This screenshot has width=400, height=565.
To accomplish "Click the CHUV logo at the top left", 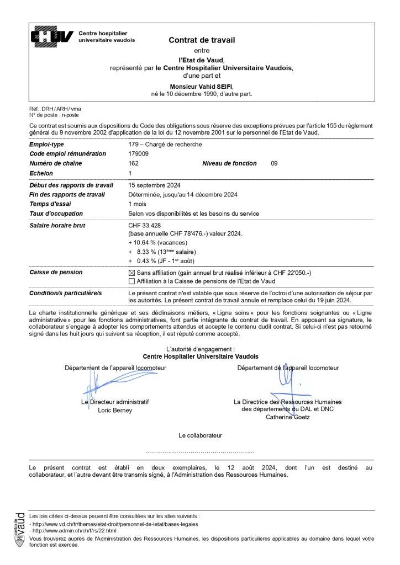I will [x=52, y=36].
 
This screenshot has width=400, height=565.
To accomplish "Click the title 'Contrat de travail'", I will [x=202, y=40].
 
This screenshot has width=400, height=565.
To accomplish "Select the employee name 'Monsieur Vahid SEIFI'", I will [x=202, y=87].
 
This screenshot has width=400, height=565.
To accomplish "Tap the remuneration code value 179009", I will [x=138, y=154].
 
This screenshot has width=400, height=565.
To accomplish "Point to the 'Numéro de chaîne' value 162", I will [x=133, y=163].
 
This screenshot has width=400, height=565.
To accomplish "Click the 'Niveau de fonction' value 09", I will [x=275, y=163].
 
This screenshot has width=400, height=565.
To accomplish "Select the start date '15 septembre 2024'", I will [x=154, y=185].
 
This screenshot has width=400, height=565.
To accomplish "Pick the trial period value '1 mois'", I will [x=137, y=204].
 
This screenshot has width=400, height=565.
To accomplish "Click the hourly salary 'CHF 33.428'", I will [x=146, y=226].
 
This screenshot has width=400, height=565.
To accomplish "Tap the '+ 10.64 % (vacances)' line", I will [x=157, y=243].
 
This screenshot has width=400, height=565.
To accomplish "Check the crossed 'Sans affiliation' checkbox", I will [x=131, y=273].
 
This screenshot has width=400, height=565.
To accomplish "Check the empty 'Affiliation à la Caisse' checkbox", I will [x=131, y=281].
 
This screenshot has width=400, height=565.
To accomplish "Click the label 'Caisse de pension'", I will [x=56, y=273].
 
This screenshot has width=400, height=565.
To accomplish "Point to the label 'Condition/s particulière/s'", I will [x=66, y=292].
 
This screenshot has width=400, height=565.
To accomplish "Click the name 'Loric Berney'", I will [x=115, y=411].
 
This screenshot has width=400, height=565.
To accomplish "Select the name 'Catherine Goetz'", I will [x=287, y=417].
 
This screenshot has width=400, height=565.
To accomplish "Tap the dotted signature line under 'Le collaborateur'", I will [x=200, y=451].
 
